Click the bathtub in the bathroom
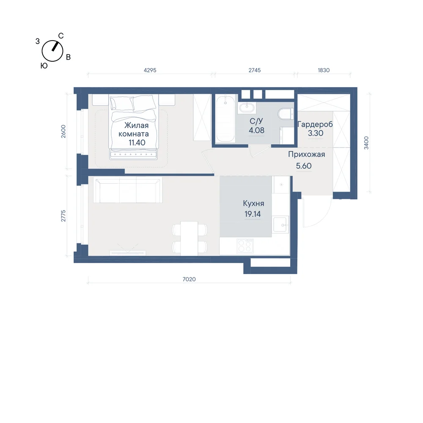pos(225,118)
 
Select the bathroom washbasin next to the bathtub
pos(247,108)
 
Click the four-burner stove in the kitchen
pos(245,246)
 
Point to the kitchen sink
pos(281,225)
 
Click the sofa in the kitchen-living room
pos(128,190)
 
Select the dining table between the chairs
pos(189,238)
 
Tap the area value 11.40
pos(137,143)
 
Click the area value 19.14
pos(253,214)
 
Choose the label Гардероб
pos(315,124)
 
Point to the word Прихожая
pos(306,154)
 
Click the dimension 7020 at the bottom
pos(189,279)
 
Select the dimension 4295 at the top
pos(150,70)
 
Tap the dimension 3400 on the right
pos(366,143)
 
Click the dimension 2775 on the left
pos(63,216)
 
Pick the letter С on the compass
pos(61,36)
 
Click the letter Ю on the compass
pos(44,66)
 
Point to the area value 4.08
pos(257,130)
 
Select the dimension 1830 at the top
pos(324,70)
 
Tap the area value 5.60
pos(304,166)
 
